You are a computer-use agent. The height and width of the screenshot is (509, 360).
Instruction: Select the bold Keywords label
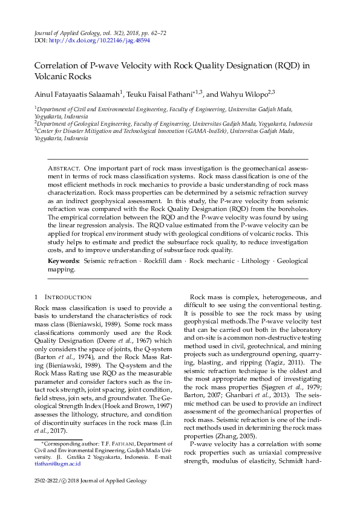(x=64, y=261)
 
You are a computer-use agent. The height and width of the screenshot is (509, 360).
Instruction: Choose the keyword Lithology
(x=254, y=261)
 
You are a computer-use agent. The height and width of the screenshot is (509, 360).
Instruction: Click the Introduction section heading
(x=68, y=297)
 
